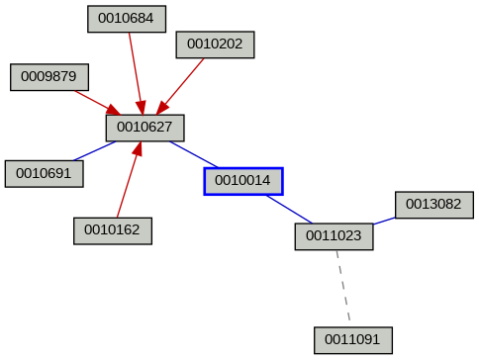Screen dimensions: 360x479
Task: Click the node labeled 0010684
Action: (x=127, y=18)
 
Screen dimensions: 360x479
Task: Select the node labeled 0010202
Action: (x=216, y=44)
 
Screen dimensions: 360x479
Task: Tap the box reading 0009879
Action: (x=49, y=76)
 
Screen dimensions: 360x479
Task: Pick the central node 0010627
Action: (x=145, y=127)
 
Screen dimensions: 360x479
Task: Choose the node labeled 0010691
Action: (x=44, y=173)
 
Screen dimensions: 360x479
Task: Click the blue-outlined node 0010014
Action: (x=243, y=181)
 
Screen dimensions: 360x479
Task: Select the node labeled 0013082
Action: (x=434, y=205)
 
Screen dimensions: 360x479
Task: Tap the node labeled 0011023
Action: (x=335, y=236)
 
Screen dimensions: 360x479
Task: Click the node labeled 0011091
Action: (x=353, y=340)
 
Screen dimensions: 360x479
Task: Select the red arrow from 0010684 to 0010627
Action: (x=135, y=69)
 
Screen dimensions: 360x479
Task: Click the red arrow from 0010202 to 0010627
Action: (x=183, y=82)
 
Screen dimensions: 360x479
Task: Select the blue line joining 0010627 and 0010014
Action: (x=193, y=153)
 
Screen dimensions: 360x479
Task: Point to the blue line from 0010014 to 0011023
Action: (x=288, y=209)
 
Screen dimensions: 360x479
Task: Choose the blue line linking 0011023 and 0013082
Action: (x=384, y=221)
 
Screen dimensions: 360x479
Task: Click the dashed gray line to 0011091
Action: (x=344, y=288)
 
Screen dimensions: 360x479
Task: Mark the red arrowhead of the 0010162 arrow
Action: (x=137, y=150)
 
